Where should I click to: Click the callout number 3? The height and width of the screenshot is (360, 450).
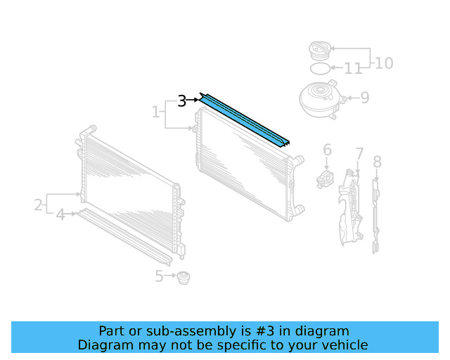click(182, 101)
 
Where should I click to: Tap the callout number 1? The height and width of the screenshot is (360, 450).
click(155, 112)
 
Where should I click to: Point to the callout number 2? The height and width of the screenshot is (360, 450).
click(38, 205)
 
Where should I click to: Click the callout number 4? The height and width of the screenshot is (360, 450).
click(60, 214)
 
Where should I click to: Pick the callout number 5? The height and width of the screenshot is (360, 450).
click(159, 277)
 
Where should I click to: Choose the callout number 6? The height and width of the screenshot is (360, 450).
click(327, 150)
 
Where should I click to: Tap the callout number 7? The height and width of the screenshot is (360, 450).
click(359, 154)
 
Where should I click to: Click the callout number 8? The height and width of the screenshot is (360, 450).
click(377, 162)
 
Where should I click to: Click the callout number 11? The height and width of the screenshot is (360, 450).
click(353, 69)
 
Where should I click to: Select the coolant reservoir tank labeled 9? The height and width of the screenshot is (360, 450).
click(321, 99)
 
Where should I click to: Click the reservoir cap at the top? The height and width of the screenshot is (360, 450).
click(320, 51)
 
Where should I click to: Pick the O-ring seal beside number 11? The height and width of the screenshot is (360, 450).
click(320, 69)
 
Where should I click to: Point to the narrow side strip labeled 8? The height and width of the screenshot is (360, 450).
click(376, 214)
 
